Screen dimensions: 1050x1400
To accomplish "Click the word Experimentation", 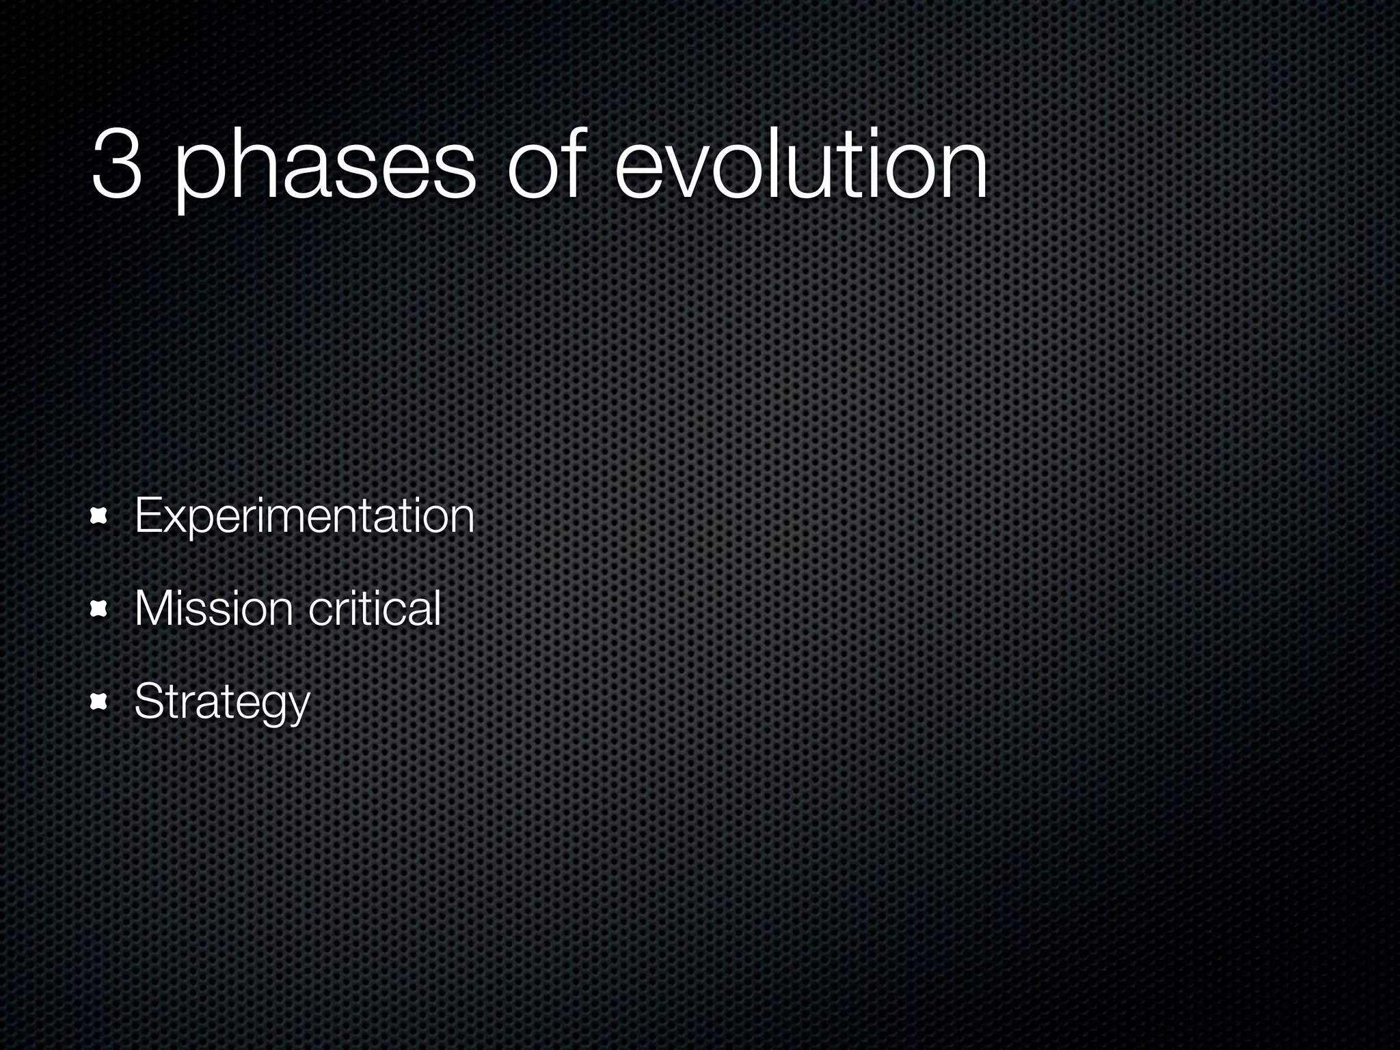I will [304, 517].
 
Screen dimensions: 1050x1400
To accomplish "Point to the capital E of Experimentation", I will [148, 516].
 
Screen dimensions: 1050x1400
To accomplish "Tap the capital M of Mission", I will [152, 608].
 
